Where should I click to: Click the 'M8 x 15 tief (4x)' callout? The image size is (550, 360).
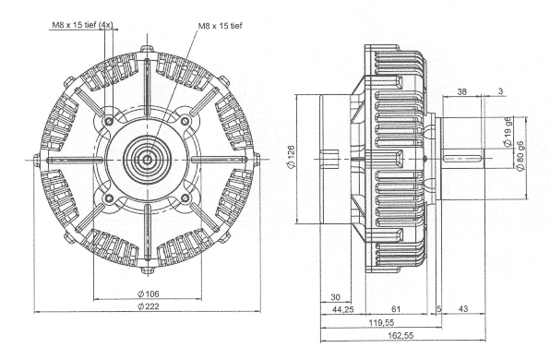click(x=82, y=25)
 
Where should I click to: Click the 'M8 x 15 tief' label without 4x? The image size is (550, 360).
click(x=221, y=26)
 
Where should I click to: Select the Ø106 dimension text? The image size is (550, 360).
click(x=148, y=294)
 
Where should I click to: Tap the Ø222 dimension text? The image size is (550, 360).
click(x=148, y=306)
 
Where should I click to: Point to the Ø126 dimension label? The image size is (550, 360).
click(x=291, y=157)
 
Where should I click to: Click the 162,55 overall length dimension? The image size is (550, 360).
click(x=401, y=335)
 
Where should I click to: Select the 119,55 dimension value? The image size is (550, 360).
click(x=381, y=322)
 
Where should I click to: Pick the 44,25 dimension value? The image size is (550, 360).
click(x=342, y=309)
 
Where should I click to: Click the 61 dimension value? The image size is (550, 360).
click(x=396, y=309)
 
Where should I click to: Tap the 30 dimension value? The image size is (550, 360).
click(x=335, y=297)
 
